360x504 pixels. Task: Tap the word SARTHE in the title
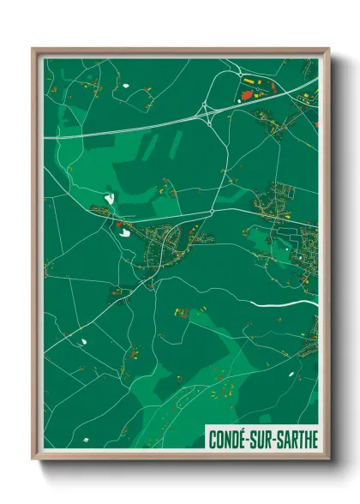tap(295, 440)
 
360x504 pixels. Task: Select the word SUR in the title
tap(262, 440)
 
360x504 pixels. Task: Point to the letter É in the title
tap(246, 440)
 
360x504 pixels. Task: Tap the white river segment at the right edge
tap(302, 302)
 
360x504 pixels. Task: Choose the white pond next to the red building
tap(125, 230)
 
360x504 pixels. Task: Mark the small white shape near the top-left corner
tap(125, 85)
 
